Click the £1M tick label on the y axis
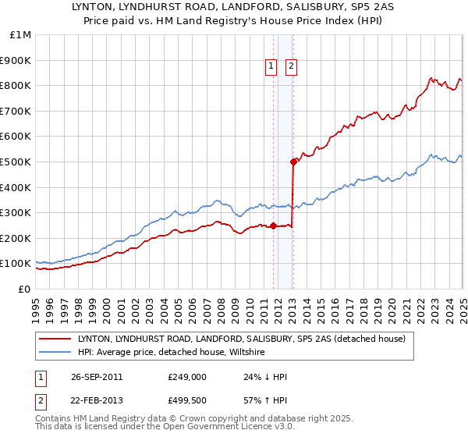tap(19, 35)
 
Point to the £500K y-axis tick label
tap(16, 162)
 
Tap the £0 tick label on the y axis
tap(25, 289)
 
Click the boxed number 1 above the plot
tap(271, 67)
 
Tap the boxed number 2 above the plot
tap(291, 67)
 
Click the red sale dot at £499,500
tap(294, 162)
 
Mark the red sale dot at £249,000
tap(274, 226)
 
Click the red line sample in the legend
tap(55, 339)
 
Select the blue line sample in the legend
tap(55, 353)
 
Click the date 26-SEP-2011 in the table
tap(97, 377)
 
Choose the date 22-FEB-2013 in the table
tap(97, 400)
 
